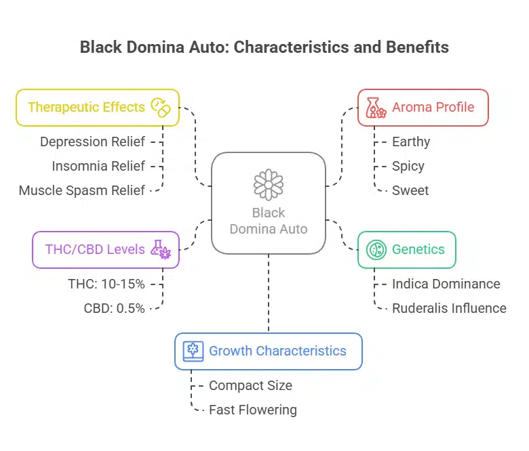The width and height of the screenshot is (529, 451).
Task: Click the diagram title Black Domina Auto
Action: click(264, 47)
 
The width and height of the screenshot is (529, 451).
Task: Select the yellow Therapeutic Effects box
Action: click(97, 107)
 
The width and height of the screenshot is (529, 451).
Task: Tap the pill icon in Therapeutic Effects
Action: click(160, 107)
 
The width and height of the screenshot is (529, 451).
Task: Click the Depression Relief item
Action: click(92, 142)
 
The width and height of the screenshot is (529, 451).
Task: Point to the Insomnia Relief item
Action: click(98, 166)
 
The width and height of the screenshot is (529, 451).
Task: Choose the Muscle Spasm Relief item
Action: click(82, 190)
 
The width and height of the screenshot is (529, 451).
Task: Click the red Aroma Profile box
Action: click(423, 107)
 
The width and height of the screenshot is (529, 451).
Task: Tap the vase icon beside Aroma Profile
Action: click(376, 107)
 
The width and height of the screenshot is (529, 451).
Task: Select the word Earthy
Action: click(411, 142)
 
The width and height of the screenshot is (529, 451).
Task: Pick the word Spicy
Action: click(408, 166)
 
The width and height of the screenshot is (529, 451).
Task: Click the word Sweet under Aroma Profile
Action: click(410, 190)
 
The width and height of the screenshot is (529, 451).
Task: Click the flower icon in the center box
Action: click(268, 184)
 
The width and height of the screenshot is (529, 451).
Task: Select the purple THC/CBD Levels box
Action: click(106, 249)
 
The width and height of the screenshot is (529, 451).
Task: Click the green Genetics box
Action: click(407, 249)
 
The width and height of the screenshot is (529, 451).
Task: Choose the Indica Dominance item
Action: click(446, 284)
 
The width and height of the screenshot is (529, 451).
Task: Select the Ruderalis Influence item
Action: click(449, 308)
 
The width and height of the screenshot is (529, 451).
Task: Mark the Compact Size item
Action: click(250, 385)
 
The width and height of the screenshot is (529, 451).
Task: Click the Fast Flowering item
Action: click(252, 410)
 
